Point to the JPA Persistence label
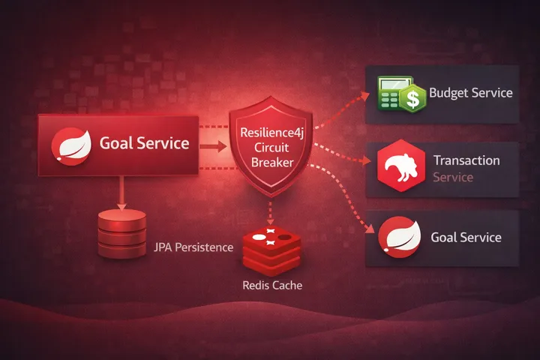[193, 247]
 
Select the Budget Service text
[470, 93]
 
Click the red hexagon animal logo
[399, 168]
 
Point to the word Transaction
[466, 160]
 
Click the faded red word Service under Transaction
[453, 178]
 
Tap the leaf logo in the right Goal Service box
[398, 238]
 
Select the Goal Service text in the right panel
[466, 238]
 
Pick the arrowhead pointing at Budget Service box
[364, 94]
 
